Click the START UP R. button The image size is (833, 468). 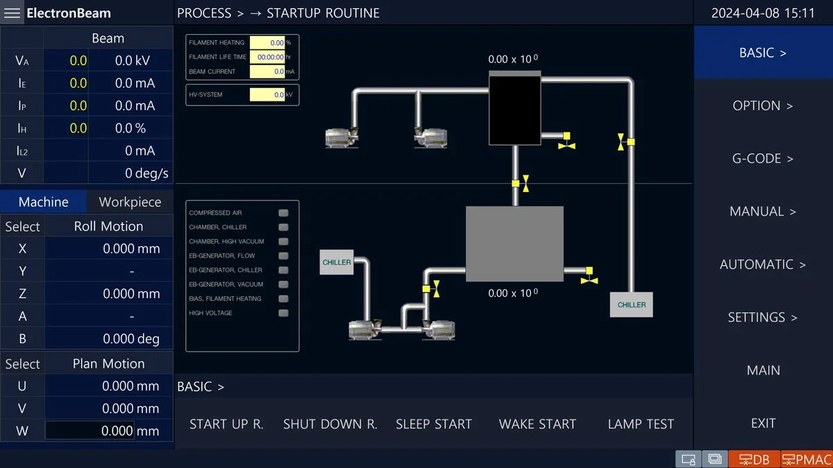226,424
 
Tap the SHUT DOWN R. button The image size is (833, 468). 330,424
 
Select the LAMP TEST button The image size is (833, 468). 641,424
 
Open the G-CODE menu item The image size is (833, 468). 762,159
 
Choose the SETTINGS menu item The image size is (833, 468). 762,318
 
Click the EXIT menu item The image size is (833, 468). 762,423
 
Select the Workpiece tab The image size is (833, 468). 130,202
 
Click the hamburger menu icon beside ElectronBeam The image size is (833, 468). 12,13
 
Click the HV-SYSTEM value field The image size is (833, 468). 267,94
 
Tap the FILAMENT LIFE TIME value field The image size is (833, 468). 267,57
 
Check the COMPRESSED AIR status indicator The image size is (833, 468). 283,213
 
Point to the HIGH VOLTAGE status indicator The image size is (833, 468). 283,313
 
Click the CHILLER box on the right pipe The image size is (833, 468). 631,304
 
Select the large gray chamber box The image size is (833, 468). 514,243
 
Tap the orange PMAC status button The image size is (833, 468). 807,459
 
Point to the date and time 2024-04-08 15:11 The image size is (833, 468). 763,13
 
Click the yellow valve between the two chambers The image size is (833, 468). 520,184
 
